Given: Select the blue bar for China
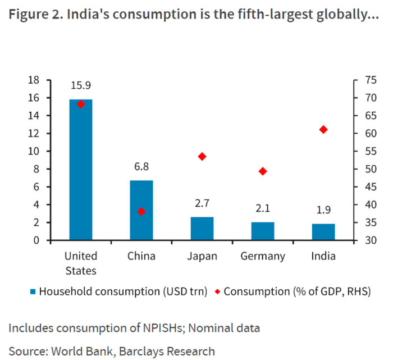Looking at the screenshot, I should [x=141, y=210].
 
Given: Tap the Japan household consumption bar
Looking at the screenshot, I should [x=202, y=229].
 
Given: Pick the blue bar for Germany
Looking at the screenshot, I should [x=263, y=231].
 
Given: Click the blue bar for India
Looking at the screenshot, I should [x=323, y=232].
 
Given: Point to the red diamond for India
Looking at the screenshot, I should [x=323, y=130].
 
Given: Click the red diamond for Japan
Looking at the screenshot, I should [x=202, y=156].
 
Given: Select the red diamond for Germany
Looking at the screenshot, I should [x=263, y=171].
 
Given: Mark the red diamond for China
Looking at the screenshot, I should [x=141, y=212].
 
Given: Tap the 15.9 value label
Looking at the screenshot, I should [x=81, y=85].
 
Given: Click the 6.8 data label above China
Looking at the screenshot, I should [x=141, y=167].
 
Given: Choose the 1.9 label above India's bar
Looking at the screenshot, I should [x=323, y=210].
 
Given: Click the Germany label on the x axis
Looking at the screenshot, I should [x=263, y=256].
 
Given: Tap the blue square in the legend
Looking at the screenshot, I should [x=33, y=291].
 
